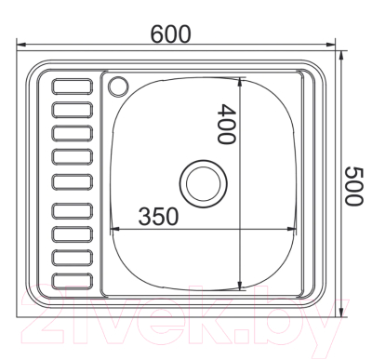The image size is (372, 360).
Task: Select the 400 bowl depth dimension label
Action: [x=224, y=123]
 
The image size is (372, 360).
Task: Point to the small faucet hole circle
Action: [x=118, y=87]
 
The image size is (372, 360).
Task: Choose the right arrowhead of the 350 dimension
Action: [x=295, y=228]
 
